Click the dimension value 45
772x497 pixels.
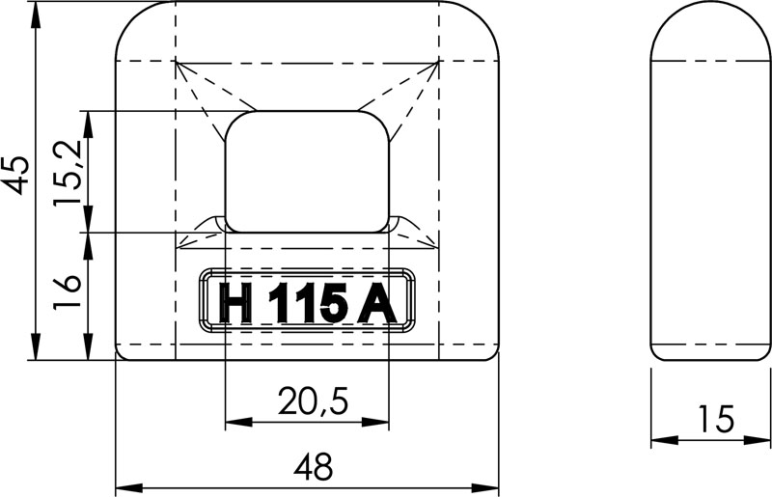pyautogui.click(x=14, y=174)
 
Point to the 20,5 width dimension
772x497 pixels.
pyautogui.click(x=306, y=400)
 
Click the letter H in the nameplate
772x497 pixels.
pyautogui.click(x=236, y=305)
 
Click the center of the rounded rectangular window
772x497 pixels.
pyautogui.click(x=307, y=171)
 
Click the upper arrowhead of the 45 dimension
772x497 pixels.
pyautogui.click(x=38, y=13)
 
